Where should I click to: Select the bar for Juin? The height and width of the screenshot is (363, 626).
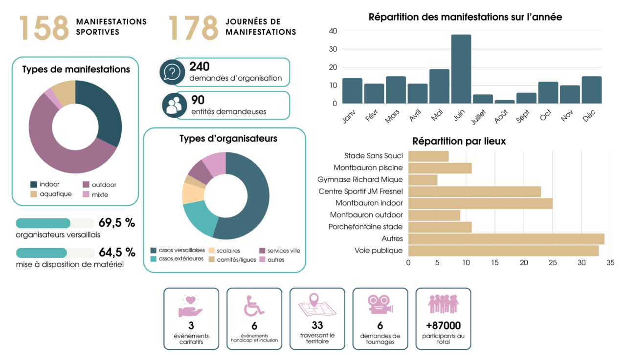click(x=461, y=69)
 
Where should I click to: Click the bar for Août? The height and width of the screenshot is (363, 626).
click(x=504, y=101)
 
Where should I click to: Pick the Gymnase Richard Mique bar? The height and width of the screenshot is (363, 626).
click(x=423, y=180)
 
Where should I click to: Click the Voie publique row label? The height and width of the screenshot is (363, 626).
click(x=379, y=251)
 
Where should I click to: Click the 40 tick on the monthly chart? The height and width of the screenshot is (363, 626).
click(x=333, y=31)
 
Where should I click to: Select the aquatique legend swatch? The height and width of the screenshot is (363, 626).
click(x=34, y=194)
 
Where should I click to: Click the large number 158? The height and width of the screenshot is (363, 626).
click(x=44, y=28)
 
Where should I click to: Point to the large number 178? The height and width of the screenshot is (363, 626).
click(x=193, y=28)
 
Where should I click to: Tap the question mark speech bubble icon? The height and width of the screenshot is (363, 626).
click(x=172, y=72)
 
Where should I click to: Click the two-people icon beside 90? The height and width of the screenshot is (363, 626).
click(x=174, y=106)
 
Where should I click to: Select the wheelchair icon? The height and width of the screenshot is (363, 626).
click(x=253, y=305)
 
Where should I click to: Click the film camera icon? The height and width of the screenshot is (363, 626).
click(x=380, y=304)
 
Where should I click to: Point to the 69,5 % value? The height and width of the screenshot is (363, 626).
click(x=117, y=223)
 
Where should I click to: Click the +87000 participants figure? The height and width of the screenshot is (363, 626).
click(x=443, y=325)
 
